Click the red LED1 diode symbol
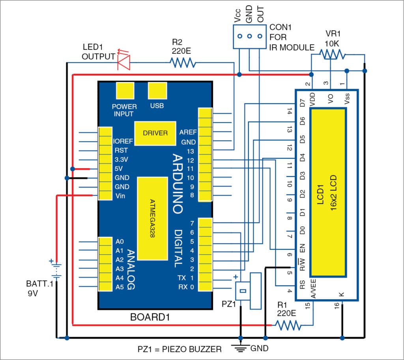(123, 62)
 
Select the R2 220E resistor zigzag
(182, 62)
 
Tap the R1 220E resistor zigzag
(288, 325)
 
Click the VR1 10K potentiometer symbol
(331, 54)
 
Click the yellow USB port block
(157, 91)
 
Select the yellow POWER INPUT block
(124, 91)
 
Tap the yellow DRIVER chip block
(155, 133)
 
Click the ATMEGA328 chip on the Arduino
(152, 218)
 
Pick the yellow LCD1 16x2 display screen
(328, 192)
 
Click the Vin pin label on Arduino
(120, 196)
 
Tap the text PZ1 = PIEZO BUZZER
(180, 349)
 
